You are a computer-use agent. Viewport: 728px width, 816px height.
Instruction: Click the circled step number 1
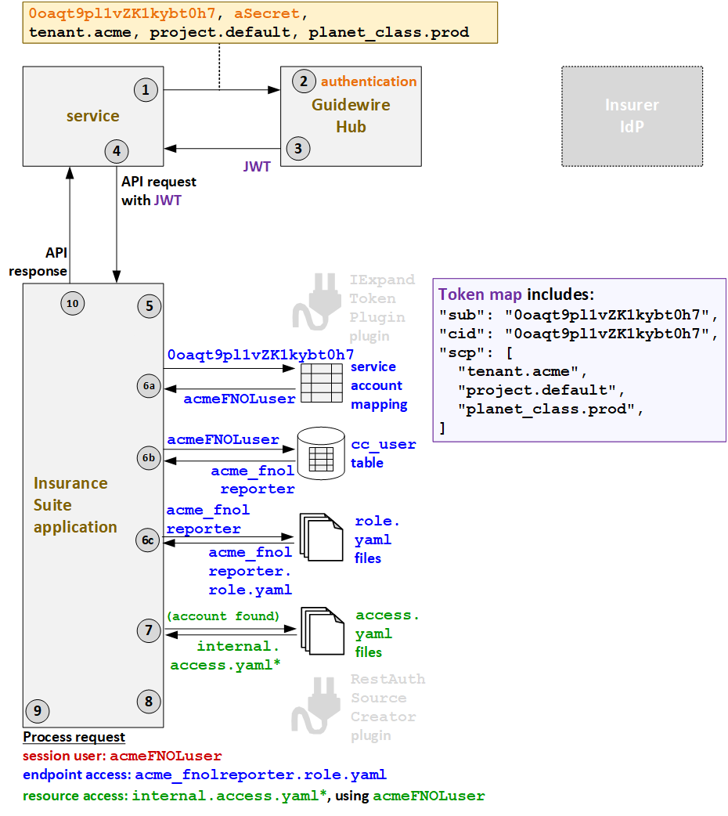click(145, 90)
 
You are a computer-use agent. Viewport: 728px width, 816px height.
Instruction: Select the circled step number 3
click(297, 146)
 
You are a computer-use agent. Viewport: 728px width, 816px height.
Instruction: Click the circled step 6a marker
click(149, 385)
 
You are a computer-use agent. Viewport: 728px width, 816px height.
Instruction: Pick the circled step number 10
click(72, 303)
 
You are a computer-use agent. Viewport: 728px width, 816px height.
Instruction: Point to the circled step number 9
click(37, 710)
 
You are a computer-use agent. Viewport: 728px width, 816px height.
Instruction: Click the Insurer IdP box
click(632, 115)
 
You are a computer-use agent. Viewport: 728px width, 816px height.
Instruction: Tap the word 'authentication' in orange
click(369, 81)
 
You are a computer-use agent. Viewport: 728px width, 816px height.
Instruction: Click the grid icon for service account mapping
click(321, 383)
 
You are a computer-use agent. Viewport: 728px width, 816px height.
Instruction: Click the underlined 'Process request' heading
click(74, 737)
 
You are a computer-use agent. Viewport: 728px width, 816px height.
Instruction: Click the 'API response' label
click(39, 262)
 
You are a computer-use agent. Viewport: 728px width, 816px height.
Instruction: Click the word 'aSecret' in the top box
click(266, 14)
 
